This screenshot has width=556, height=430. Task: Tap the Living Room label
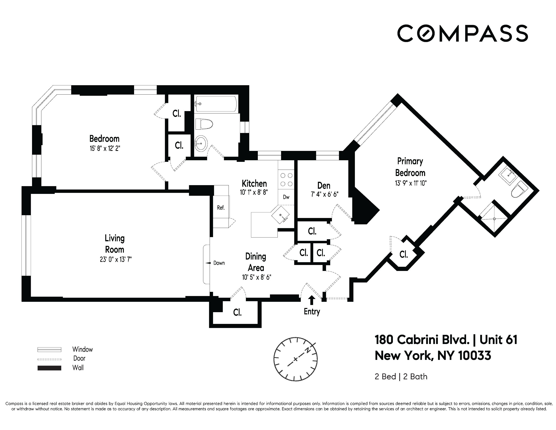[115, 244]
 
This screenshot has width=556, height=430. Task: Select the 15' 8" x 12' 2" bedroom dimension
[105, 148]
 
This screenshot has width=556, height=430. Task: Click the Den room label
[324, 186]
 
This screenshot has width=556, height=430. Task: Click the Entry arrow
[312, 300]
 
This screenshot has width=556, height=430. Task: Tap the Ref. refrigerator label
[221, 208]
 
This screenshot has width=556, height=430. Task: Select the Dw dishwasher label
[286, 197]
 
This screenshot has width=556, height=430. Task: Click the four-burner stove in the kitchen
[286, 180]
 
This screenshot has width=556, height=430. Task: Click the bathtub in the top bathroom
[216, 104]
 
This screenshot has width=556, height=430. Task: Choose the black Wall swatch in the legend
[49, 368]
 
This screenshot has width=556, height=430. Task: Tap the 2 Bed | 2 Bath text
[401, 376]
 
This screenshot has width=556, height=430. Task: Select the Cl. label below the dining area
[237, 313]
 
